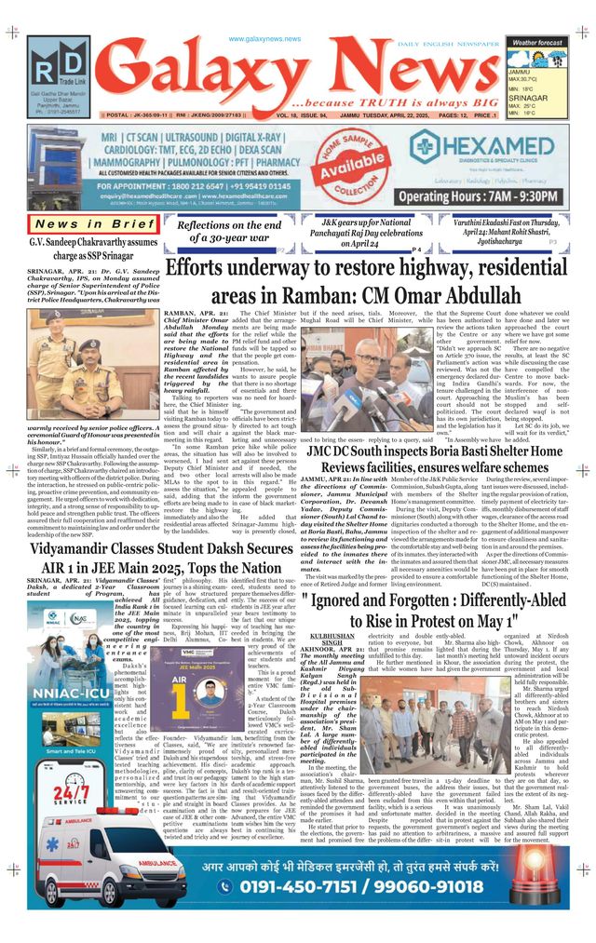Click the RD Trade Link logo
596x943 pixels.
[58, 68]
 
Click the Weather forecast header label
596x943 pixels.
[537, 43]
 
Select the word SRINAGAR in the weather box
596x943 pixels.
[527, 96]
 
